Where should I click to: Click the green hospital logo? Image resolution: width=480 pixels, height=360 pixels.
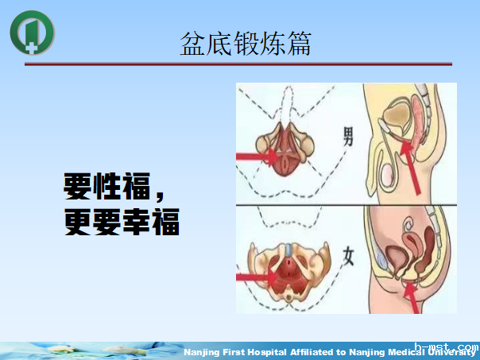click(x=33, y=32)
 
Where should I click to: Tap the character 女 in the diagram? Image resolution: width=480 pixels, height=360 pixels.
click(x=347, y=256)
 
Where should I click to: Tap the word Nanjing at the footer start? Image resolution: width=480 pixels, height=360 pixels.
click(x=204, y=352)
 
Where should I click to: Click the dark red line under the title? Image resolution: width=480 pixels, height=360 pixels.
click(x=238, y=64)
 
